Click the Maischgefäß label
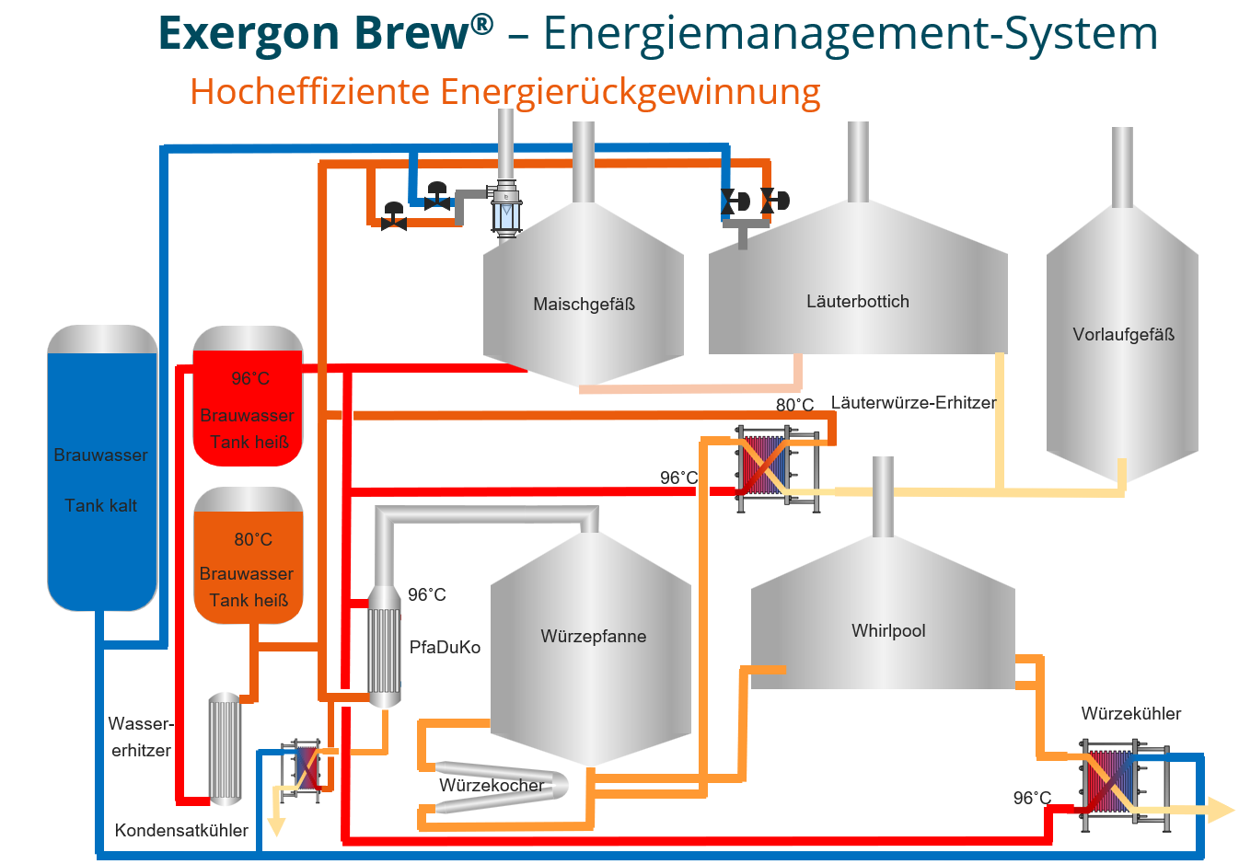(x=584, y=305)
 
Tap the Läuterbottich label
(x=857, y=301)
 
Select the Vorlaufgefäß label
(x=1123, y=334)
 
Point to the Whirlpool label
(x=888, y=630)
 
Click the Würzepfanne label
(x=594, y=636)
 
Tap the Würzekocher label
(x=492, y=785)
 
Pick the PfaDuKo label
(x=445, y=647)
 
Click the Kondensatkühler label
(x=181, y=830)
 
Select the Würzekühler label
(x=1131, y=714)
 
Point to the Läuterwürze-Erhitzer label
(x=914, y=402)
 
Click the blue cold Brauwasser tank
(x=102, y=467)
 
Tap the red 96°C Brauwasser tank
(x=248, y=396)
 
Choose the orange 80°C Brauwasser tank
(x=249, y=556)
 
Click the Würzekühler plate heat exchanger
(x=1125, y=785)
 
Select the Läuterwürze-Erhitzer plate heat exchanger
(x=777, y=468)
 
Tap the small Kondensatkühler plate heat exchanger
(x=301, y=770)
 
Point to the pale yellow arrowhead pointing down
(x=276, y=826)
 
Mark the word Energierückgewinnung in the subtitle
(x=630, y=92)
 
